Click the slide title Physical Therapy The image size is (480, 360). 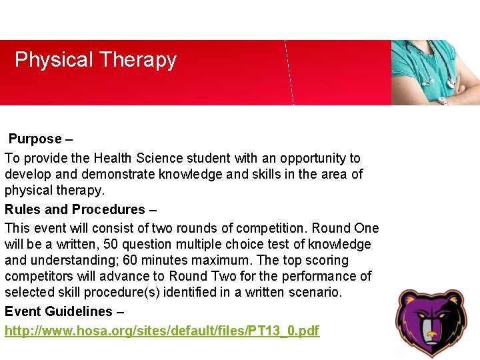tap(95, 60)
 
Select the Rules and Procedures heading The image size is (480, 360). tap(75, 209)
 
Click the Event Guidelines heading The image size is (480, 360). tap(59, 311)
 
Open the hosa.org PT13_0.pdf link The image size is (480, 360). tap(162, 331)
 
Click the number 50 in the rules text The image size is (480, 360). tap(119, 245)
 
